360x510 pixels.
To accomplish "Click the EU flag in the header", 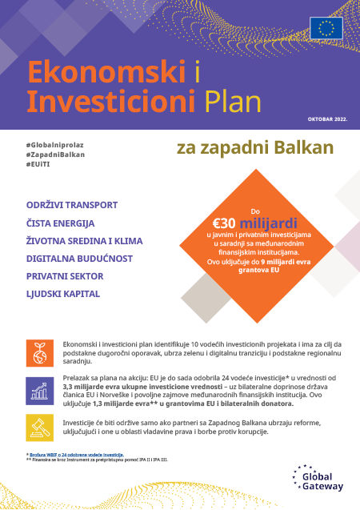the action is point(326,29).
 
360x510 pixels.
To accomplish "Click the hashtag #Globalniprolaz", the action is point(55,143).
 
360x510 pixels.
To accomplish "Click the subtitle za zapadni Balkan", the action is point(254,149).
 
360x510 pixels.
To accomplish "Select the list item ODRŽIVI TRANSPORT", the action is point(72,204).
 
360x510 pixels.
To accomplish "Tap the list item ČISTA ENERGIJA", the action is point(61,222).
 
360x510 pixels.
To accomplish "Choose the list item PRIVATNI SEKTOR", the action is point(68,275).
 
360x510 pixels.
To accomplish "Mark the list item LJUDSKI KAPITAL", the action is point(63,293).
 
